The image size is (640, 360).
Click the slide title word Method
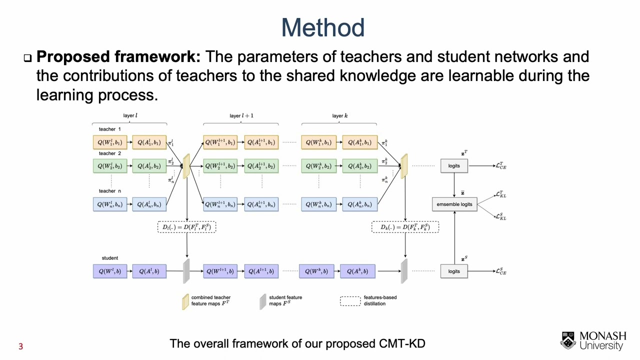coord(322,28)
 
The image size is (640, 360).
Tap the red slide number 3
coord(20,346)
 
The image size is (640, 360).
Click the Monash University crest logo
coord(568,340)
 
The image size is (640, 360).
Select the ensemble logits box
coord(454,204)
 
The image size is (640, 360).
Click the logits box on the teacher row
coord(454,165)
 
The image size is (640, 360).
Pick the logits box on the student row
coord(454,271)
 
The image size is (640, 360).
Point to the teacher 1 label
coord(109,129)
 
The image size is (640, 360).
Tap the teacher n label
coord(109,191)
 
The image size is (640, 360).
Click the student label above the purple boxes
coord(110,258)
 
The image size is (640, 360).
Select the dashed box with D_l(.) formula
coord(187,227)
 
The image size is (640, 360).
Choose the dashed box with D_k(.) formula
coord(405,227)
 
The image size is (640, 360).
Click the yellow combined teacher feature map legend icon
coord(185,301)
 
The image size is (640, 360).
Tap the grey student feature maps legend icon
coord(262,301)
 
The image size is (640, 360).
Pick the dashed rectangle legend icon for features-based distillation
coord(350,301)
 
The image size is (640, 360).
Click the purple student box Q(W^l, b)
coord(110,271)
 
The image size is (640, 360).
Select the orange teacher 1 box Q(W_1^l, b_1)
coord(110,142)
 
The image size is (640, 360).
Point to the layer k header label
coord(339,116)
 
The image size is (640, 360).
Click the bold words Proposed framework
coord(118,56)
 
